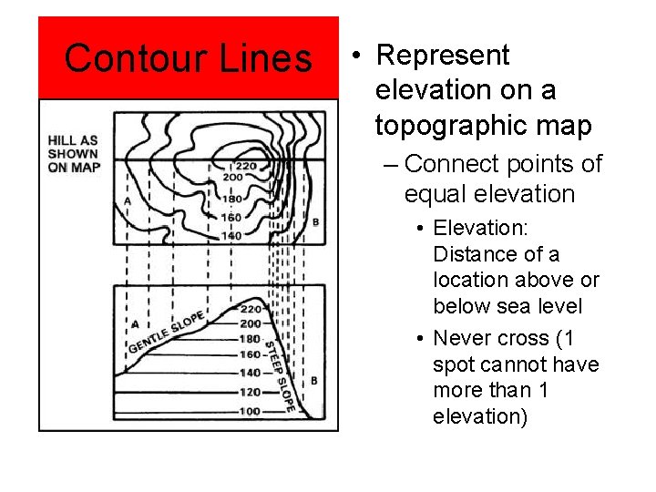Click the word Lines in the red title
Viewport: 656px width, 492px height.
coord(265,59)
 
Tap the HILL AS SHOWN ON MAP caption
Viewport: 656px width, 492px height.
coord(74,153)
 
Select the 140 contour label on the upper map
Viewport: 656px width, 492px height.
coord(231,235)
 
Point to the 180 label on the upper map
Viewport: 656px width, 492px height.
coord(232,198)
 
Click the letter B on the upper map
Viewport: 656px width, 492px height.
coord(315,221)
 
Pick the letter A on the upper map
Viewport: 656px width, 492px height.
coord(127,200)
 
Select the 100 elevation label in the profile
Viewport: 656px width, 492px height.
coord(249,411)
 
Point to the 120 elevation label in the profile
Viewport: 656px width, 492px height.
coord(249,392)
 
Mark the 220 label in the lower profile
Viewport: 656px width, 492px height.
coord(250,309)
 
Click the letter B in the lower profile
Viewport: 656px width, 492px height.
coord(313,380)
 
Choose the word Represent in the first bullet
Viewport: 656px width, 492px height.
coord(443,56)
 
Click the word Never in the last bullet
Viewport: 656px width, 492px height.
coord(462,338)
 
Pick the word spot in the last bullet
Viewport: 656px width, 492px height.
coord(455,364)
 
